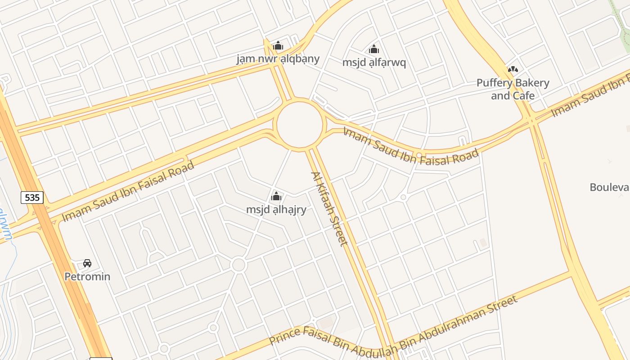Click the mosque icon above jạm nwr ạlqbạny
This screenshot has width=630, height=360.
(278, 45)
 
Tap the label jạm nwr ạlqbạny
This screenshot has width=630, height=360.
(278, 58)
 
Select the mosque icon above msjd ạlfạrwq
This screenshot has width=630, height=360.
(373, 49)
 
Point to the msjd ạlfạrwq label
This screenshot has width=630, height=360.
(374, 62)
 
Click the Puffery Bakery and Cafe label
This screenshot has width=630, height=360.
(513, 89)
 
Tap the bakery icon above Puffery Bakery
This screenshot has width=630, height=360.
(513, 69)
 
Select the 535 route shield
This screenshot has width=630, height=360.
(32, 197)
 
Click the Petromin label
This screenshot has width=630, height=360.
(87, 276)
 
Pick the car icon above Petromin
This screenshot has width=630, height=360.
(87, 263)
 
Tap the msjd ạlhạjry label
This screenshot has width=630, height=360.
(276, 209)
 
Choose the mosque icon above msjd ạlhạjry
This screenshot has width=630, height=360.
(276, 196)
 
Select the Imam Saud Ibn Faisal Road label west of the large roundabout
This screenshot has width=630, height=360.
(128, 191)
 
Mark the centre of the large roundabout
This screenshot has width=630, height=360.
(300, 125)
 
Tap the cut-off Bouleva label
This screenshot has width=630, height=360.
(610, 187)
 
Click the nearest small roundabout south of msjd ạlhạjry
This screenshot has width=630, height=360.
(238, 265)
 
